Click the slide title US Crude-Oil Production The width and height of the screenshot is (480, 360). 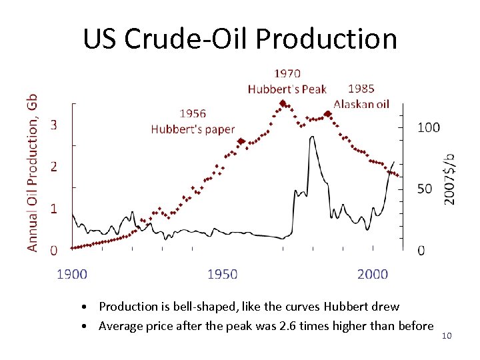(x=240, y=39)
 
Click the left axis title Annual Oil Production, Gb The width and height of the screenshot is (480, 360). (x=32, y=172)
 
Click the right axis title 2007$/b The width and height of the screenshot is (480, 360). (x=450, y=179)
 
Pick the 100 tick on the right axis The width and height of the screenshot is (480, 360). (x=428, y=127)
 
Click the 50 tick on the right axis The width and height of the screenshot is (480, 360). (x=425, y=189)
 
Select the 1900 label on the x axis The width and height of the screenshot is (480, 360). (x=72, y=273)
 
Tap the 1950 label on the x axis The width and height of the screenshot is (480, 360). (x=223, y=273)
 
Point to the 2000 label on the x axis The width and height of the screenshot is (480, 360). (x=373, y=273)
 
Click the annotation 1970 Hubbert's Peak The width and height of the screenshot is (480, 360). (x=287, y=81)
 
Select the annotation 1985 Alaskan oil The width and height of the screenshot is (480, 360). (x=361, y=96)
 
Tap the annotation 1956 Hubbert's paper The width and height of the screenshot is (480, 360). (x=193, y=121)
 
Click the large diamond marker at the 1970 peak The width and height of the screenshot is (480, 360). (x=283, y=103)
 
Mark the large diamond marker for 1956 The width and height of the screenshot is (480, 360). (x=241, y=141)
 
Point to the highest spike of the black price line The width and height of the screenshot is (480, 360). (x=312, y=137)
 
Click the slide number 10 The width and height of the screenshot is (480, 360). (x=447, y=335)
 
